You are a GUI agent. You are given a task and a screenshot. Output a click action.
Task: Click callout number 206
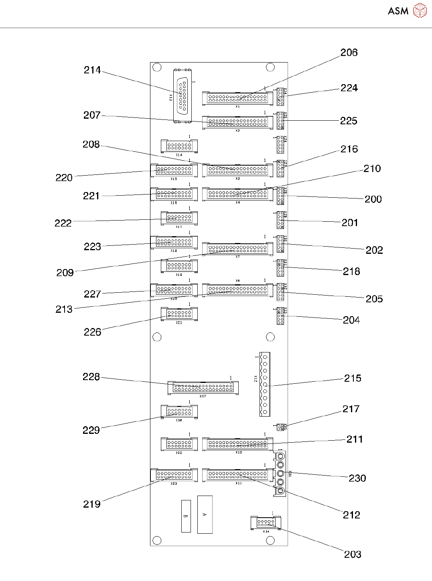pos(349,53)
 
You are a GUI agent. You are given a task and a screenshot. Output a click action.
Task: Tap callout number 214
pos(92,70)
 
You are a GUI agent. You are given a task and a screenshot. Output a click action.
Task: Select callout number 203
pos(352,554)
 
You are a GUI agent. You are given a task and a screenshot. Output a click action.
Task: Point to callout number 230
pos(357,478)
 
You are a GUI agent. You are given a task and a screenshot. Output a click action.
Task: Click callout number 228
pos(91,377)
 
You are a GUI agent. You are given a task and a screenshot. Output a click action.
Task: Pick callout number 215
pos(352,378)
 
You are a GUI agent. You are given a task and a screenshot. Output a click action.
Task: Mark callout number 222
pos(63,223)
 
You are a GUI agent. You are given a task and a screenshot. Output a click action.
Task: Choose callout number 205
pos(374,299)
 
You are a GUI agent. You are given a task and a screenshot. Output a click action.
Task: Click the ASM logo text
pos(398,11)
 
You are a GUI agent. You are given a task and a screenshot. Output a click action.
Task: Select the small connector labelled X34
pos(266,523)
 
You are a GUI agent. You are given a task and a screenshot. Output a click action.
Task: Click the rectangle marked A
pos(205,514)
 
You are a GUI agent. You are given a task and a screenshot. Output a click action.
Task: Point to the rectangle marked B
pos(186,516)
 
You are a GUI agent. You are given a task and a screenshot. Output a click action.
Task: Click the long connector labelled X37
pos(203,388)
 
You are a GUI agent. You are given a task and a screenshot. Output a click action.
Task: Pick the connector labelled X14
pos(179,146)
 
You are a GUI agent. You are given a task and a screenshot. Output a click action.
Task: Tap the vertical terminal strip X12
pos(265,384)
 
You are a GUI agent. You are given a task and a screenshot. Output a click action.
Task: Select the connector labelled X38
pos(179,412)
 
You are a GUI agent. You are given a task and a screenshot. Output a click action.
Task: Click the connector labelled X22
pos(179,444)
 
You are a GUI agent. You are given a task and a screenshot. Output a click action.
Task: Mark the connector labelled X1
pos(237,98)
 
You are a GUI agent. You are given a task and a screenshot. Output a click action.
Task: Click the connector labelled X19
pos(179,266)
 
